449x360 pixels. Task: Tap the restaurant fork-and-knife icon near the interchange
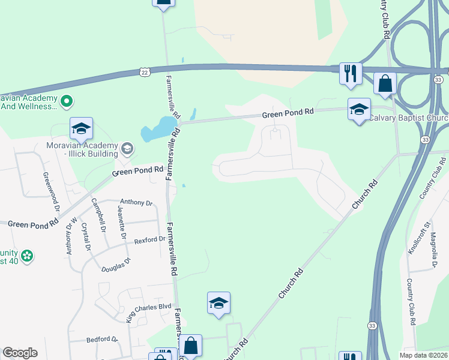(x=350, y=73)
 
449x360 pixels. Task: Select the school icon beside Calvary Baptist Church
(x=359, y=109)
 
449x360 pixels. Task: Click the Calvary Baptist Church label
(x=408, y=118)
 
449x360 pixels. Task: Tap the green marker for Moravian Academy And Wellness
(x=67, y=102)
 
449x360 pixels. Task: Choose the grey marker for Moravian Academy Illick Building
(x=127, y=148)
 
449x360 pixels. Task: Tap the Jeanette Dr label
(x=122, y=223)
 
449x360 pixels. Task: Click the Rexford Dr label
(x=149, y=240)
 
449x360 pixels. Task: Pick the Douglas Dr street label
(x=116, y=268)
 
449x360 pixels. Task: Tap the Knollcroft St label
(x=414, y=238)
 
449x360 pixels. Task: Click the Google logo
(x=20, y=353)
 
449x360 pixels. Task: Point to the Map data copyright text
(x=424, y=355)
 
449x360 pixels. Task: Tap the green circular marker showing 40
(x=26, y=256)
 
